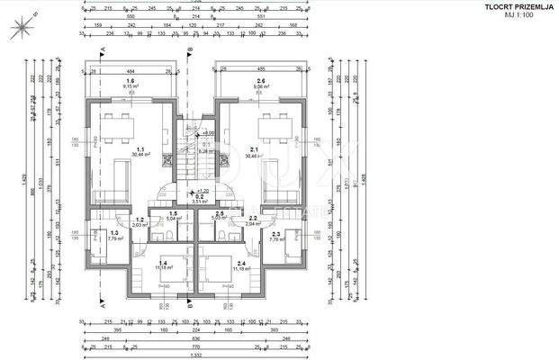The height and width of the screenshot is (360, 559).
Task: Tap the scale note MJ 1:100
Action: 519,16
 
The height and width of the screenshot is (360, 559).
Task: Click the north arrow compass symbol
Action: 20,29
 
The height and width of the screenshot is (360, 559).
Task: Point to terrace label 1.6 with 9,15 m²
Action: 131,84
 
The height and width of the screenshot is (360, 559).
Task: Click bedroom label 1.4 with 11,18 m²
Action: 162,265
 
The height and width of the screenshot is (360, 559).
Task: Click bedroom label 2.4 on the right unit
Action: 218,265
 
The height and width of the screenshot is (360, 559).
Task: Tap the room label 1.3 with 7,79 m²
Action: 114,236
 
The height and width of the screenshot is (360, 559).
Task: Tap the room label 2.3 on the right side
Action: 275,236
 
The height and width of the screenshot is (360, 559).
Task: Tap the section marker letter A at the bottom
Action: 103,304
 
